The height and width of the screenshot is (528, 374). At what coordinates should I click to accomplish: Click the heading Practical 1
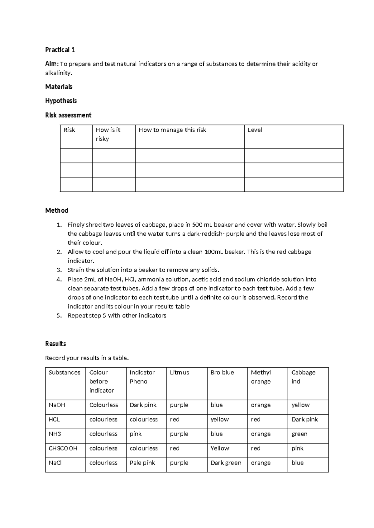[60, 50]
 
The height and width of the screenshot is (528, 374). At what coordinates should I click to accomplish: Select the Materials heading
[59, 87]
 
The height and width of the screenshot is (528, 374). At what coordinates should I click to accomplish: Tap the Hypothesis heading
[61, 101]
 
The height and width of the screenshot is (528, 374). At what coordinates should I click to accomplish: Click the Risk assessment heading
[68, 115]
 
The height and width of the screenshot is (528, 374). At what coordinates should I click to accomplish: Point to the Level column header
[255, 130]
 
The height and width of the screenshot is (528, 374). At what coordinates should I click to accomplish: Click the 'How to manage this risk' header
[172, 130]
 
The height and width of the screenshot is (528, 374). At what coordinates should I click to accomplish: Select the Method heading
[56, 210]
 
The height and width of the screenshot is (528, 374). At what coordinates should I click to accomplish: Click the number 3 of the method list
[59, 270]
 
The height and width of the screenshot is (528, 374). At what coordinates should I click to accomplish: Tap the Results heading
[55, 344]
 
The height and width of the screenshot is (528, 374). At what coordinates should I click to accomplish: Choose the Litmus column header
[179, 372]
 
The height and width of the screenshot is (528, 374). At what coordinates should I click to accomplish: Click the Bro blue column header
[222, 372]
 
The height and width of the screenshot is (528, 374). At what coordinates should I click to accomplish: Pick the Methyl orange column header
[261, 377]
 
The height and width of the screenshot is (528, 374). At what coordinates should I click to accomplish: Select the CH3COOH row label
[63, 448]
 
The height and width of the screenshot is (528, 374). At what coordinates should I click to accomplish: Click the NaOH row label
[57, 405]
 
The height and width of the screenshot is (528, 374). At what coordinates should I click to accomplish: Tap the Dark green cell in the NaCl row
[226, 463]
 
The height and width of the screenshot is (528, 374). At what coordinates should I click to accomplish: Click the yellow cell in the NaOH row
[300, 405]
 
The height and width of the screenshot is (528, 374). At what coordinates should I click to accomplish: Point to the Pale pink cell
[142, 463]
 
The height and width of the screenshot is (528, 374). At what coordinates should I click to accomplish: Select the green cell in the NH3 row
[299, 434]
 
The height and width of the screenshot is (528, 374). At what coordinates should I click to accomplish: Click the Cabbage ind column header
[303, 377]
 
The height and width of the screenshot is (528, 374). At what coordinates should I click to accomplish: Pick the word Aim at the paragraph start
[51, 64]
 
